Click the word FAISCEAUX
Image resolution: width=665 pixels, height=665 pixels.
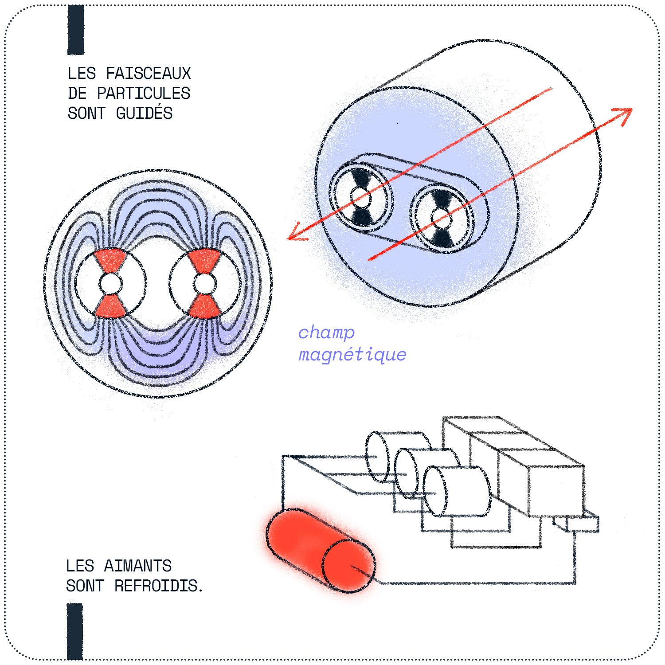point(148,74)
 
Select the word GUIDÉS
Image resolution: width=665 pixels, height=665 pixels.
point(144,113)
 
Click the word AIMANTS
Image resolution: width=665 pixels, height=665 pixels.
point(137,566)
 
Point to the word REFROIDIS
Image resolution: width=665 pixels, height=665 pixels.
point(158,586)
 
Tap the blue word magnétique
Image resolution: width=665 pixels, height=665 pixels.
point(352,355)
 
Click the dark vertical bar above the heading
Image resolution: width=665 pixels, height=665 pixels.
point(76,30)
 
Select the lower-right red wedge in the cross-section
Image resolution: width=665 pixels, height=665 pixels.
point(205,306)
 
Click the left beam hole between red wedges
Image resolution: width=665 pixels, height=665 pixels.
point(111,284)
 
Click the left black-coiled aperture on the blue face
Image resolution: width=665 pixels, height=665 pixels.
point(361,197)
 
